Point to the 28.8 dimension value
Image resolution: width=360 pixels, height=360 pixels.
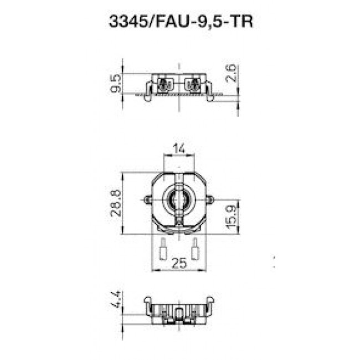tap(115, 205)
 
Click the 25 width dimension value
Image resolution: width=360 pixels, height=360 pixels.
tap(179, 265)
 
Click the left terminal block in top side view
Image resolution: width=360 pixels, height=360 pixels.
tap(164, 85)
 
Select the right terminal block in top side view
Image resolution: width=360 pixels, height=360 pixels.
tap(193, 85)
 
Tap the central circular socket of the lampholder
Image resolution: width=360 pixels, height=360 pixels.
tap(179, 200)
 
